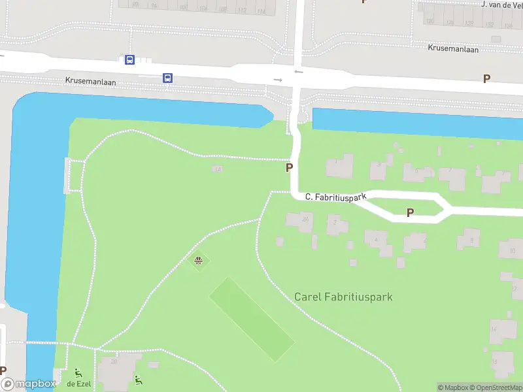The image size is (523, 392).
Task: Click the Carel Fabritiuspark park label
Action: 343,297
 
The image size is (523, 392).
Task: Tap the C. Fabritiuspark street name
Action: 336,196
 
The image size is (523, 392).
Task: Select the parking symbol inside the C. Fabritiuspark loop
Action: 411,212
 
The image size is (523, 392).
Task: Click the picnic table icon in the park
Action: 199,261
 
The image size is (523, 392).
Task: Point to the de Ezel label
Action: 78,384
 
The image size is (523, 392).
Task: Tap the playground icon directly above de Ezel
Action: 78,373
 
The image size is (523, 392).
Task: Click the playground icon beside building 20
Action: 138,379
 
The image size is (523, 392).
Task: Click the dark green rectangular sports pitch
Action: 251,318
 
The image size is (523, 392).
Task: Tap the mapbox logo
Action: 28,384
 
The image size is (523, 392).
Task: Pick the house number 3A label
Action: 217,169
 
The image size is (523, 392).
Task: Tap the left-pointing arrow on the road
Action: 298,71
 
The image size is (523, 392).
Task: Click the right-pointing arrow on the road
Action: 278,80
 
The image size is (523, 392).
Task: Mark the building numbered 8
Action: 469,239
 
